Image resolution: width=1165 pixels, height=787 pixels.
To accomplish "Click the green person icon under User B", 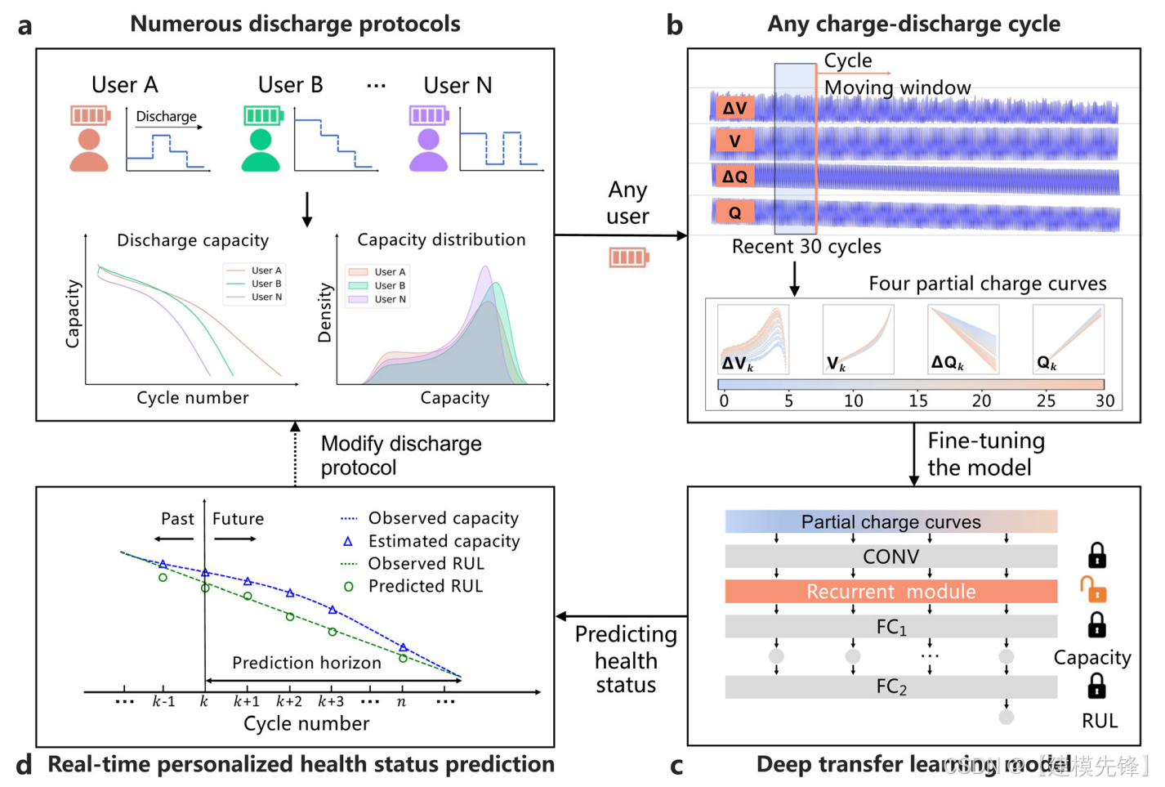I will click(261, 151).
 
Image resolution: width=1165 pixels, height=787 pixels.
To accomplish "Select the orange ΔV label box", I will click(734, 108).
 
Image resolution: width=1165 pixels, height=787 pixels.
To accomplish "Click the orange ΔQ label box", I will click(734, 177).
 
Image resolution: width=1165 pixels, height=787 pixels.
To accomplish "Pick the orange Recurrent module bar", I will click(890, 592).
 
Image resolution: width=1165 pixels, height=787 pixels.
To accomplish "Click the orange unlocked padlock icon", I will click(1093, 588).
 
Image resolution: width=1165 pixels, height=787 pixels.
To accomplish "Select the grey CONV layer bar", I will click(890, 557).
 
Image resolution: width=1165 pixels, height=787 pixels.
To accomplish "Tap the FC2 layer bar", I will click(890, 687).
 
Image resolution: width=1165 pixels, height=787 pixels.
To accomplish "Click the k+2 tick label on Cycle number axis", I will click(289, 701).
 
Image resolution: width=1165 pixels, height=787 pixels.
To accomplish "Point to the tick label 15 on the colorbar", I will click(917, 400).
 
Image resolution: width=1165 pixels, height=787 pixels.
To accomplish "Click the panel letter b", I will click(675, 25).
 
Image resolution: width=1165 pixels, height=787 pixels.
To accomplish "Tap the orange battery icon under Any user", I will click(628, 257).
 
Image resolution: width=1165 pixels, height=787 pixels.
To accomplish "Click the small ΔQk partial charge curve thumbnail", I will click(963, 339).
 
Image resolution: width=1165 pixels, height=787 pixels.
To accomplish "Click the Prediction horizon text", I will click(306, 663).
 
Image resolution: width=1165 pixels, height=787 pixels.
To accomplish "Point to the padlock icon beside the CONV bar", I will click(1096, 555).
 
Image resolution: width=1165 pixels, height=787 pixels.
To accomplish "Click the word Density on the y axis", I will click(325, 313).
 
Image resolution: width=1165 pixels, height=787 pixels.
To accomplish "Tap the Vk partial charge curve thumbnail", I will click(858, 339).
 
